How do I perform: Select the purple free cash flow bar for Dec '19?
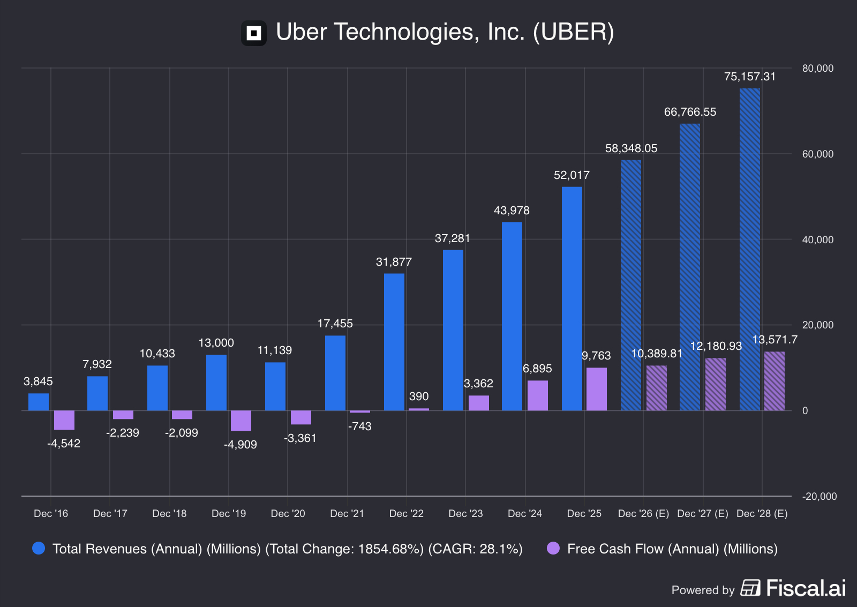[x=241, y=421]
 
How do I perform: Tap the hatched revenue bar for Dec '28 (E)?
[x=750, y=249]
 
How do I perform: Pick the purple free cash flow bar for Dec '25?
[x=597, y=389]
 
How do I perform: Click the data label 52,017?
[x=572, y=175]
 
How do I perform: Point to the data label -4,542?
[x=64, y=444]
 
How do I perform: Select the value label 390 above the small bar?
[x=419, y=396]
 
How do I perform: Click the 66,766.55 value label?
[x=690, y=112]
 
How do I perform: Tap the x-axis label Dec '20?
[x=288, y=514]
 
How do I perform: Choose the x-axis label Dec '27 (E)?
[x=703, y=514]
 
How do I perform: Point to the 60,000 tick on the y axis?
[x=818, y=154]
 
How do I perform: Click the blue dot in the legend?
[x=39, y=548]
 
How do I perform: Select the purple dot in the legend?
[x=553, y=548]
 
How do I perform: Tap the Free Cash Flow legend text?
[x=672, y=549]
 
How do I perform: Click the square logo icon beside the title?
[x=254, y=33]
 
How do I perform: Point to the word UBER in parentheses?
[x=574, y=32]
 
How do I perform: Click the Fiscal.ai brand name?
[x=806, y=588]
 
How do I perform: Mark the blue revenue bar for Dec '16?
[x=39, y=402]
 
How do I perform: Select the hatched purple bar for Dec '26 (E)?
[x=657, y=388]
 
